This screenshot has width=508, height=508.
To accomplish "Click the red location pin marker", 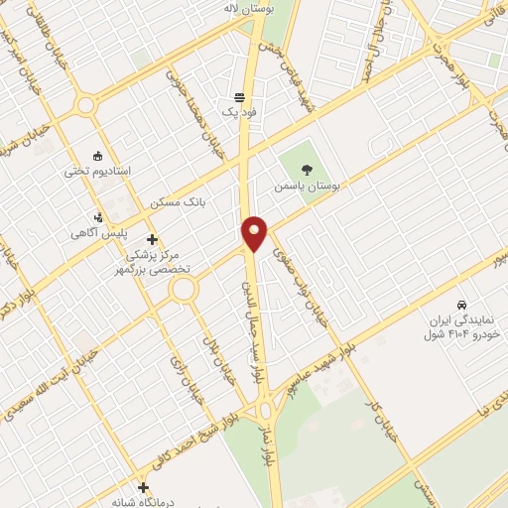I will pyautogui.click(x=255, y=234).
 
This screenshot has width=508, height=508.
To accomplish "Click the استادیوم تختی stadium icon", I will pyautogui.click(x=97, y=156).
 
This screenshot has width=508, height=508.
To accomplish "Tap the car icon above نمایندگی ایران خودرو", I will pyautogui.click(x=462, y=303).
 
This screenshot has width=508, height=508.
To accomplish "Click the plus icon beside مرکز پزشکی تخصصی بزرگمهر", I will pyautogui.click(x=152, y=239).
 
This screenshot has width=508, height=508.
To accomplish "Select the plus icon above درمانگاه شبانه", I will pyautogui.click(x=145, y=487).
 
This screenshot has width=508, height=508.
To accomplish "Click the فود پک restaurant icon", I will pyautogui.click(x=239, y=97).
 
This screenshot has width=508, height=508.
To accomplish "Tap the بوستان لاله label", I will pyautogui.click(x=248, y=9).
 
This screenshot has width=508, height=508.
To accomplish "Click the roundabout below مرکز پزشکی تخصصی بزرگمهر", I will pyautogui.click(x=184, y=290).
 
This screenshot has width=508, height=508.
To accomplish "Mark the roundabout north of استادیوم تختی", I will pyautogui.click(x=86, y=104).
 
